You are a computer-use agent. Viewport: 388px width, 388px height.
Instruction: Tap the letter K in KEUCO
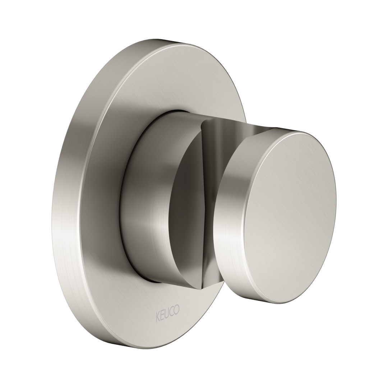(157, 311)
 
